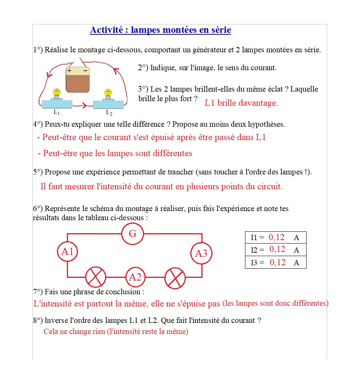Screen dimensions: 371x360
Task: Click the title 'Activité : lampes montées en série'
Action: pos(160,30)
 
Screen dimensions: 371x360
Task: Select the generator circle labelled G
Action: pos(133,234)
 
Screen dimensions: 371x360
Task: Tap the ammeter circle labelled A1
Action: pos(67,252)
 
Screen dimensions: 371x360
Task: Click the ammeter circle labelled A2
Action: pos(135,277)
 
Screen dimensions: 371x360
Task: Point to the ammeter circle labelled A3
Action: pos(201,253)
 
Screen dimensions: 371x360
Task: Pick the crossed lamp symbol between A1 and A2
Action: pos(96,277)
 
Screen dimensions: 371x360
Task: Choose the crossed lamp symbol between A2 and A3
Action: pos(175,277)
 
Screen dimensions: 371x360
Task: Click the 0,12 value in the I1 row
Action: pos(277,237)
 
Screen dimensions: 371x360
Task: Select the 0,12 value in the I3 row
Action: pos(277,262)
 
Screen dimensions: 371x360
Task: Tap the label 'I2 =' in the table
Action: pos(257,250)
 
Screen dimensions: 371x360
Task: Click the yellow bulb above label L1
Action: pos(57,92)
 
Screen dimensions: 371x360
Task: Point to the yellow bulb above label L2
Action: pos(108,93)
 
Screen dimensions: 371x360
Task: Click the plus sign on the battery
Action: pos(69,71)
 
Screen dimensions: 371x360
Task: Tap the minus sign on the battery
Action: pos(85,71)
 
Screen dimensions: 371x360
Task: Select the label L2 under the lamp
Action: pos(109,113)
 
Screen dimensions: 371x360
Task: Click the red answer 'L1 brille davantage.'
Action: pos(241,103)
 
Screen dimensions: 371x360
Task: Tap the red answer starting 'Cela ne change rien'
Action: pos(116,331)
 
